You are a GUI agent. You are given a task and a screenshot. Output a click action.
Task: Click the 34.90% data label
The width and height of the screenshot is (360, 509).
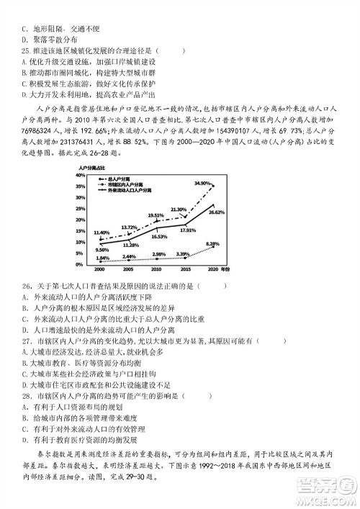tap(203, 184)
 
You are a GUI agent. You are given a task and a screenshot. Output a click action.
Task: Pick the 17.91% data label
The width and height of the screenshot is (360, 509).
tap(187, 230)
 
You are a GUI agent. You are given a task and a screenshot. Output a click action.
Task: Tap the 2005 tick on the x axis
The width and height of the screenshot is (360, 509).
tap(128, 269)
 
